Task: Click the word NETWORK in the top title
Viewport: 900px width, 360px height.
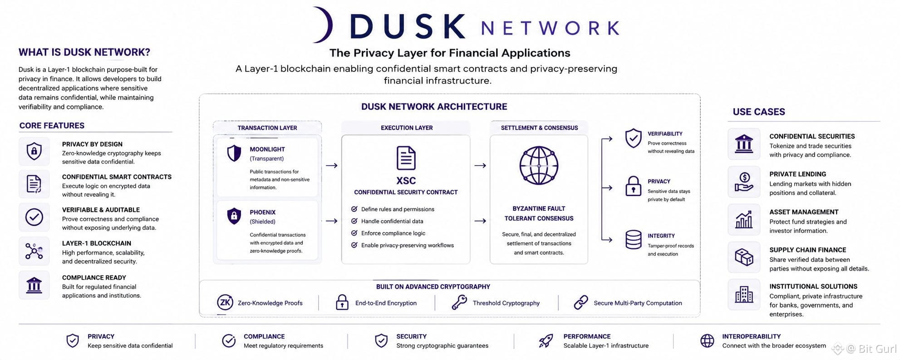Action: tap(550, 28)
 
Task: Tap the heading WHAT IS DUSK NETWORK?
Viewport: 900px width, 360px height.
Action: tap(84, 52)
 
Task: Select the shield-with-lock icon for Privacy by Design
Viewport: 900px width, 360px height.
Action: tap(34, 151)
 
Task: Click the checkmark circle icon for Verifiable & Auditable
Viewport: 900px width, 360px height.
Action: tap(34, 217)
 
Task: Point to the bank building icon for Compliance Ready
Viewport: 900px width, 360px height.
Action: tap(34, 285)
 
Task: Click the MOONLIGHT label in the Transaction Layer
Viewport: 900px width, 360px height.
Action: tap(267, 149)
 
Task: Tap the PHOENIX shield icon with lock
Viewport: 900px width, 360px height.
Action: tap(234, 216)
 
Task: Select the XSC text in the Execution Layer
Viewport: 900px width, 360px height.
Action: tap(406, 181)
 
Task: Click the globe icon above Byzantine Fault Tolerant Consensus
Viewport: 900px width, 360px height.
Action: tap(539, 165)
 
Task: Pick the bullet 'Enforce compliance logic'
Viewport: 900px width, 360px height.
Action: tap(393, 233)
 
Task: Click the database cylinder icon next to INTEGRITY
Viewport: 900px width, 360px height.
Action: tap(634, 240)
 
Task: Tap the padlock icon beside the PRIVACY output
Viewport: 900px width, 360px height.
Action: tap(633, 186)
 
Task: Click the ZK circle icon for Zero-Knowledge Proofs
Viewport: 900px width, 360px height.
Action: tap(225, 302)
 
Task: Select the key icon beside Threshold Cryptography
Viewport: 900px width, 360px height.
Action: tap(459, 302)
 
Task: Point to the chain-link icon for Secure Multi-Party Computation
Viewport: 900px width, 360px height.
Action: tap(581, 302)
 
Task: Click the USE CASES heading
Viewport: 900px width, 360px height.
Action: tap(759, 112)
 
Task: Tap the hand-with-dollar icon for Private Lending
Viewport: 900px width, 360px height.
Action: tap(744, 182)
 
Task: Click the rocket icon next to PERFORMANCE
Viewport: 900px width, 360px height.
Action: tap(546, 340)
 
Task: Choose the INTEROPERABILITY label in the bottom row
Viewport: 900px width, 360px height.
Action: tap(752, 336)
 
